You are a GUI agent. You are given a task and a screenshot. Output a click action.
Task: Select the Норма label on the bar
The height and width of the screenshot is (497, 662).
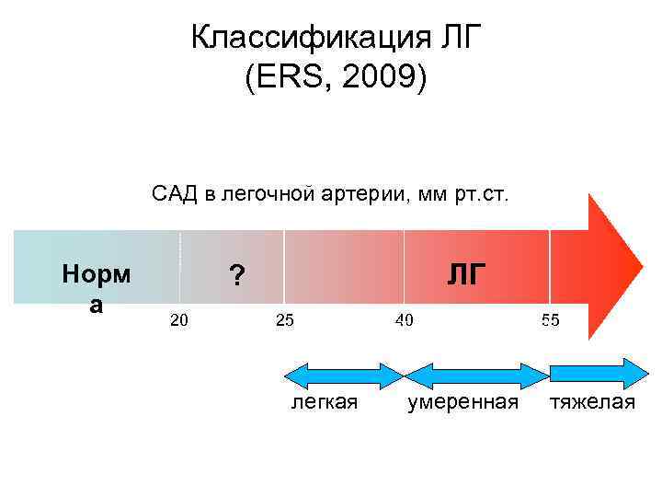click(96, 288)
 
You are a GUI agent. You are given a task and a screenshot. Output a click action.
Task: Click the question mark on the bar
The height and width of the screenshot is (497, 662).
click(237, 275)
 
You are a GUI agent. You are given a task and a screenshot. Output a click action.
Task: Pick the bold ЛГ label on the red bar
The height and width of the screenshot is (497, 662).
click(467, 273)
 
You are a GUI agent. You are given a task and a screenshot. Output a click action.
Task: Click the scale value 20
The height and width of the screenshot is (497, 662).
click(180, 320)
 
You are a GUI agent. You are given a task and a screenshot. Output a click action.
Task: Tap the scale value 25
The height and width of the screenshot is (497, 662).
click(285, 320)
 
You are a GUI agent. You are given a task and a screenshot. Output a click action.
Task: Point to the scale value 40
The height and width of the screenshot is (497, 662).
click(404, 320)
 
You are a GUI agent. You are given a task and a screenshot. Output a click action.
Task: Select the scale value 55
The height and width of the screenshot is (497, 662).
click(550, 320)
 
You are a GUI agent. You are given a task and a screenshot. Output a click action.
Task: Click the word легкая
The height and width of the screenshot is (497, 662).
click(325, 402)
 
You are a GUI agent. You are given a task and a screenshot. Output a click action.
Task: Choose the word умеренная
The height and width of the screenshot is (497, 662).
click(463, 402)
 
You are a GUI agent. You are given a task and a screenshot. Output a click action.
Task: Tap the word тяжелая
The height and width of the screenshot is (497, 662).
click(593, 402)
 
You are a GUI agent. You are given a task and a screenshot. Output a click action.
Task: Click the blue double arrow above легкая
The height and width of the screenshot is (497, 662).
click(344, 376)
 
